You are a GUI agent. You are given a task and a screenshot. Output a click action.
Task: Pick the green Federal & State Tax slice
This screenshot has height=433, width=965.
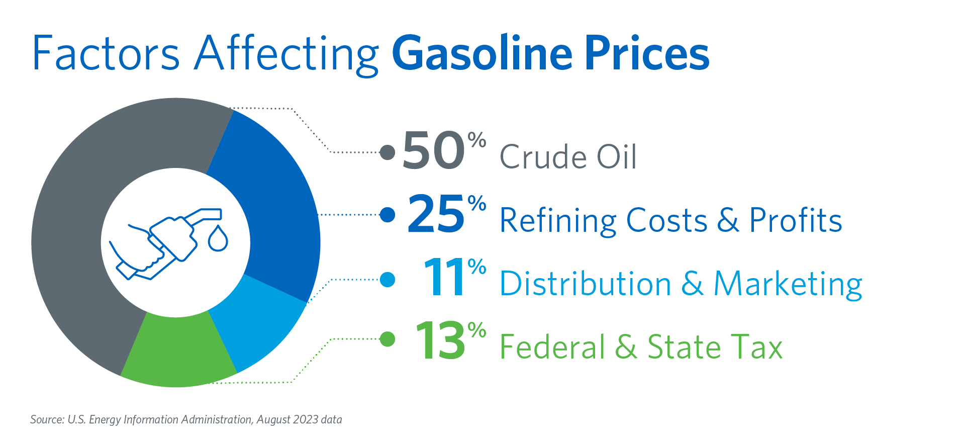[x=176, y=352]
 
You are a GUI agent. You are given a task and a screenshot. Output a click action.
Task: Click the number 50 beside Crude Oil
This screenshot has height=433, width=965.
[x=434, y=150]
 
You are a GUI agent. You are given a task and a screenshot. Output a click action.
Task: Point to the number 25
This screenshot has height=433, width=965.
[x=436, y=214]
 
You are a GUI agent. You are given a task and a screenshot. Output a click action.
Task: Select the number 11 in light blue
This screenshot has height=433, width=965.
[x=445, y=278]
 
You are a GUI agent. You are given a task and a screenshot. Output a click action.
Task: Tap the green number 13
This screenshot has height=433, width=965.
[x=440, y=341]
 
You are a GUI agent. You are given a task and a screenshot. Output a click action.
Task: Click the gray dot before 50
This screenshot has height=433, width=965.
[x=388, y=152]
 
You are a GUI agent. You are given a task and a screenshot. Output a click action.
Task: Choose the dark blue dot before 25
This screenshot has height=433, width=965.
[x=388, y=215]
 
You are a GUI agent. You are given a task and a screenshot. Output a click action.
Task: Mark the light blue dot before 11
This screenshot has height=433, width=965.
[x=388, y=279]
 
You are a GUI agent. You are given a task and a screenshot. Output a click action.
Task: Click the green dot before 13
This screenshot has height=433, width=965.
[x=388, y=339]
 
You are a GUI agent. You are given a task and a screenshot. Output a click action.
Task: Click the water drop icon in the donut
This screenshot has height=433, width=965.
[x=218, y=238]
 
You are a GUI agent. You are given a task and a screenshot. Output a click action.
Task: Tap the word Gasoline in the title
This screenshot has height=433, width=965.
[x=482, y=53]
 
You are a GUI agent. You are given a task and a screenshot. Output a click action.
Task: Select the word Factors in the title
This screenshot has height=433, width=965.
[x=106, y=53]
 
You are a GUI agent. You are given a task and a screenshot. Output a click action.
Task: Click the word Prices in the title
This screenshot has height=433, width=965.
[x=647, y=53]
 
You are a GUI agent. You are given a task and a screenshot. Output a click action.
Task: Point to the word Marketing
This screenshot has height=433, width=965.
[x=788, y=285]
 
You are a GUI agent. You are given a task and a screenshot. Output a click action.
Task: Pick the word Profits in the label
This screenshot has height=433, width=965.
[x=796, y=220]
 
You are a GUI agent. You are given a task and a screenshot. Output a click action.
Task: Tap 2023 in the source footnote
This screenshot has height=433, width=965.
[x=306, y=419]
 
